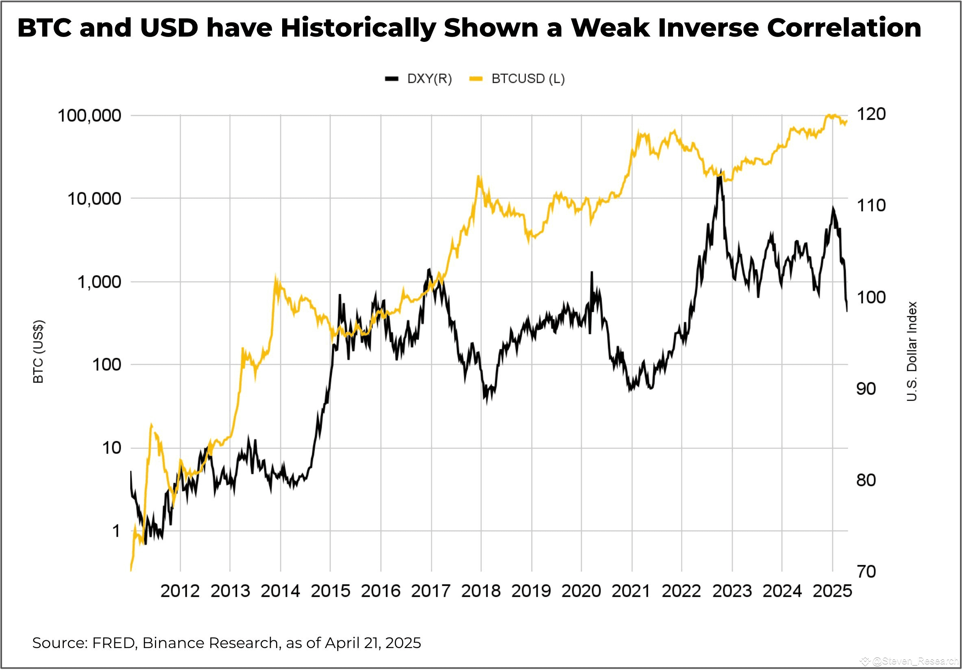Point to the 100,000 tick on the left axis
point(89,115)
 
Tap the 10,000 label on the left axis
point(94,199)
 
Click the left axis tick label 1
point(116,531)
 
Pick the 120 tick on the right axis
point(871,114)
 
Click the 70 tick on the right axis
point(866,572)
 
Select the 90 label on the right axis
point(866,389)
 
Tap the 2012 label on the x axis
point(180,591)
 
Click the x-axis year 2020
point(581,591)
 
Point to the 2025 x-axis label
point(832,591)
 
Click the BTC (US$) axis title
point(38,351)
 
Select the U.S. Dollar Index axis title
point(912,351)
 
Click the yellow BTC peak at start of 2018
point(479,177)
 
